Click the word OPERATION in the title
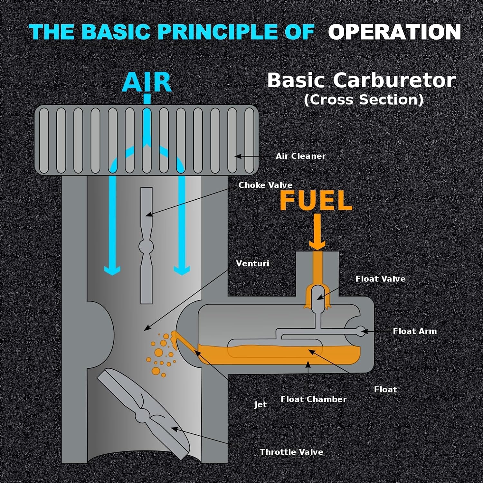pos(394,32)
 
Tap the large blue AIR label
pos(147,82)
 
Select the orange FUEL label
pos(316,200)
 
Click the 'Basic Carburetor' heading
pos(362,80)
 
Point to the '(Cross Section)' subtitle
pos(364,99)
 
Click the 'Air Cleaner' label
pos(301,156)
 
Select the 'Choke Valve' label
pos(265,185)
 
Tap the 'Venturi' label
pos(252,263)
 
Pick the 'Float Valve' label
pos(380,279)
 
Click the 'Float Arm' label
pos(415,331)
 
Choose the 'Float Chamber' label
pos(314,399)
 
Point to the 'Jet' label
pos(260,404)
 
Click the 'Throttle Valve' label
pos(291,452)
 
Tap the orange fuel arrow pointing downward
pos(317,232)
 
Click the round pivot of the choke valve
pos(146,247)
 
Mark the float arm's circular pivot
pos(361,331)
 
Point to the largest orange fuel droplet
pos(159,352)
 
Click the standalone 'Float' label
pos(385,390)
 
